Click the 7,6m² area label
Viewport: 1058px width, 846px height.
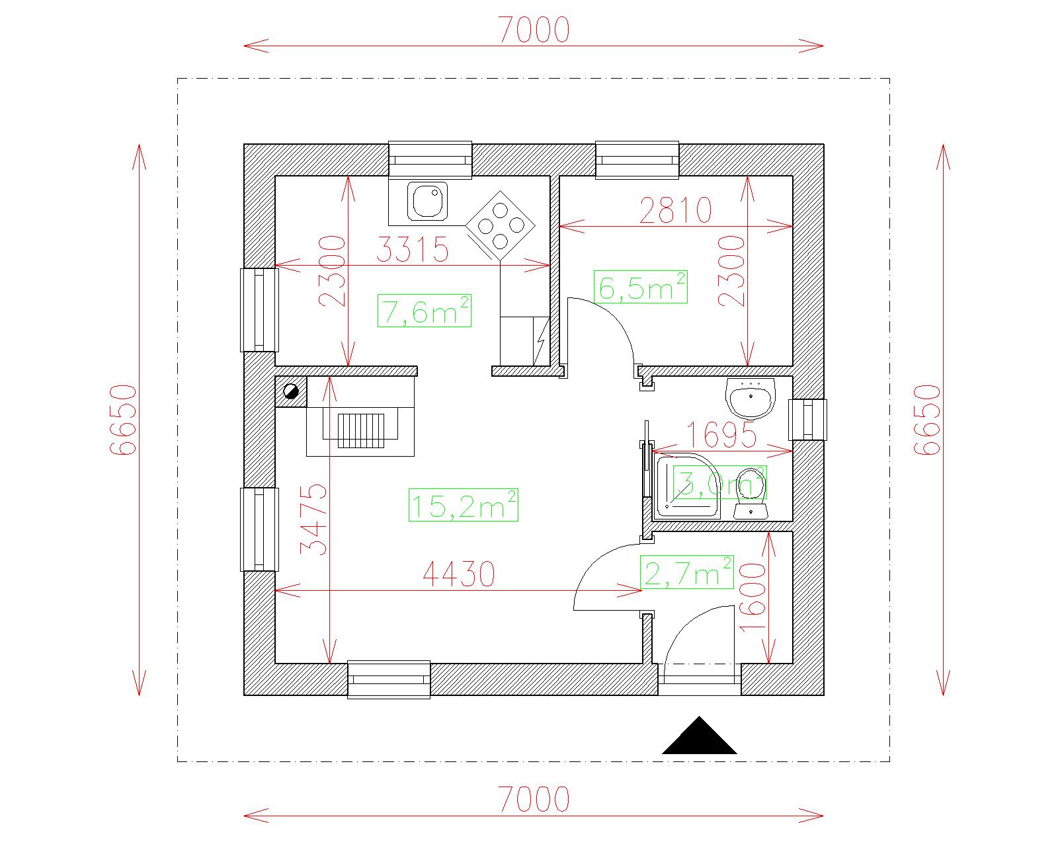(x=425, y=311)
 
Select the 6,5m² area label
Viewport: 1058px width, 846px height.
(x=640, y=287)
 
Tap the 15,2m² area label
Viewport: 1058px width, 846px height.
(x=463, y=505)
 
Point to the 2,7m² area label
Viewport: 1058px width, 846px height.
(x=686, y=572)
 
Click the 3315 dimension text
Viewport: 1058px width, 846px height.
(x=413, y=249)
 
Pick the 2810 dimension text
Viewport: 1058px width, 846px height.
(x=675, y=210)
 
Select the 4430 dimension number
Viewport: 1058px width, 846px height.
(x=459, y=574)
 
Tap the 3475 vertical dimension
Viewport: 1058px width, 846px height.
(x=313, y=519)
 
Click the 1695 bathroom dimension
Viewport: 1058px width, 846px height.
(x=721, y=435)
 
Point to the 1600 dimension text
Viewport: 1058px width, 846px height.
(x=753, y=597)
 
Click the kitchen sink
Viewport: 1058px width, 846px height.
(x=427, y=200)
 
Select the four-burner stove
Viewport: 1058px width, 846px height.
(x=501, y=225)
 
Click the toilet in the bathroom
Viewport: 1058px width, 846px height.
(x=751, y=493)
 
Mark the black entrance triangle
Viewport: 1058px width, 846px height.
(x=699, y=736)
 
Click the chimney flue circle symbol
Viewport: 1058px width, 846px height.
(x=291, y=391)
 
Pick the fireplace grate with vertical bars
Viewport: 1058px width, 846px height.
(x=361, y=431)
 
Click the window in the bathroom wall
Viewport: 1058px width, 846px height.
(x=808, y=420)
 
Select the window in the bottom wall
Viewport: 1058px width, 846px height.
(x=389, y=680)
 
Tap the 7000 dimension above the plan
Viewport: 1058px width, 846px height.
(x=534, y=30)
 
